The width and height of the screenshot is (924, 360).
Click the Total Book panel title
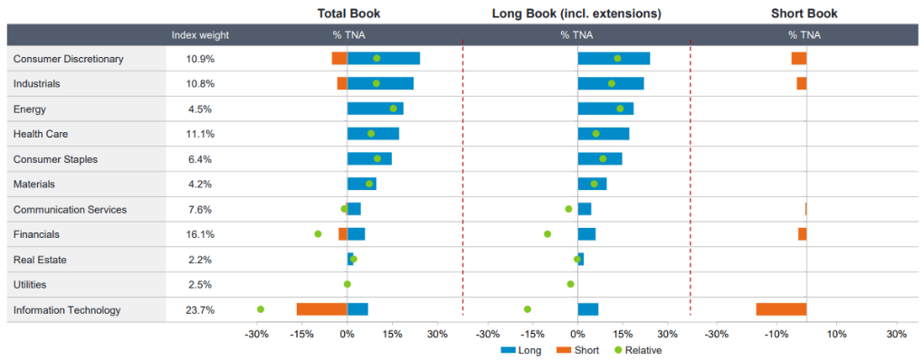pos(348,14)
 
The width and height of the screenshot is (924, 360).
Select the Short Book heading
pos(804,14)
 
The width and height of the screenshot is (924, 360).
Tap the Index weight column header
pos(200,35)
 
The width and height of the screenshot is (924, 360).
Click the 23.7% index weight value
pos(200,310)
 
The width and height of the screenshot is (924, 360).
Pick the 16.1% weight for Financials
pos(200,234)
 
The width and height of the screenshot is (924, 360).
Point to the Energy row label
pos(29,109)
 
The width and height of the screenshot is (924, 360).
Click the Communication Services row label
pos(70,210)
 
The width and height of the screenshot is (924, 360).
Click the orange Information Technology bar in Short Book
pos(781,309)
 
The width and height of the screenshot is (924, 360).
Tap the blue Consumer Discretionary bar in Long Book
pos(614,59)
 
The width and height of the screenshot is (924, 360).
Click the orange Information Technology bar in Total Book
pos(321,309)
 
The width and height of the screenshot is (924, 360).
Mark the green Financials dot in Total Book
pos(318,234)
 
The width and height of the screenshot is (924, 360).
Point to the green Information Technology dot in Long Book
pos(528,309)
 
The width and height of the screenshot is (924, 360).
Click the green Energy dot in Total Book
pos(394,109)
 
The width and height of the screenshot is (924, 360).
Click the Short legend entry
pos(578,350)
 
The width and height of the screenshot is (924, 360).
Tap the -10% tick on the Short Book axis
pos(776,334)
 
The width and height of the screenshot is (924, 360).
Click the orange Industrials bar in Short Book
pos(801,83)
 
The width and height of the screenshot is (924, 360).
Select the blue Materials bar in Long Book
pos(592,184)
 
